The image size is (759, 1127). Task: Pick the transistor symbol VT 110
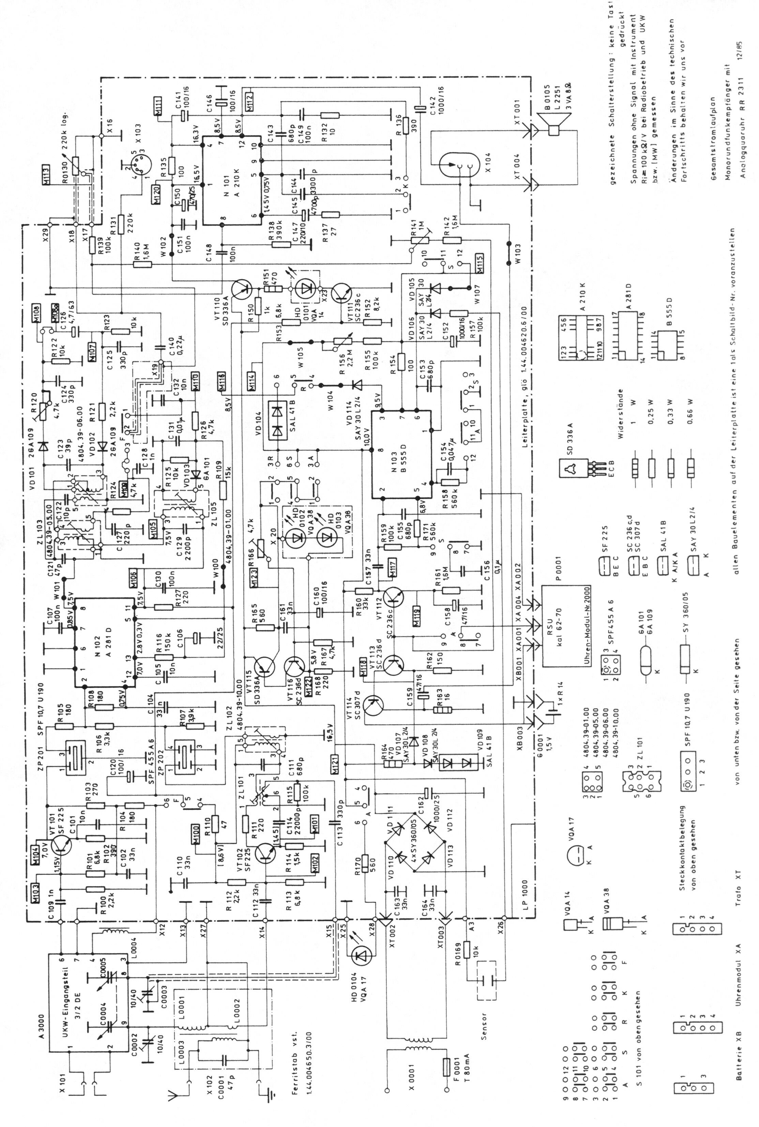coord(242,290)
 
